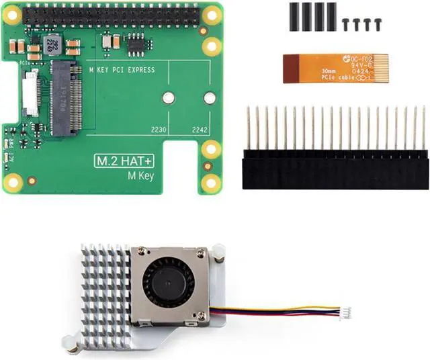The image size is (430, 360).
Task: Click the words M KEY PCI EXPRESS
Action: pos(122,70)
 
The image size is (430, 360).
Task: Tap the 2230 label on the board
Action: pos(159,130)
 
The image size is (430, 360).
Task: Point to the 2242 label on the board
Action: pos(200,130)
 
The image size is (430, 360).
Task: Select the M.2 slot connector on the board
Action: pos(67,97)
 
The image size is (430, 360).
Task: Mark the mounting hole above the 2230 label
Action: pos(169,98)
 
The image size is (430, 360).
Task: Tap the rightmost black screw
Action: pos(380,24)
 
